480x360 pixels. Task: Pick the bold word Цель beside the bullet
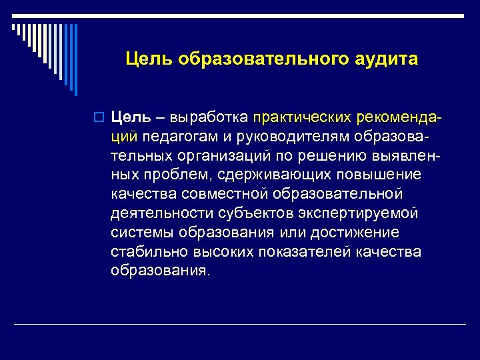pyautogui.click(x=130, y=117)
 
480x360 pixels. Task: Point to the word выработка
pyautogui.click(x=218, y=117)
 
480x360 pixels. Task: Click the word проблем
pyautogui.click(x=171, y=175)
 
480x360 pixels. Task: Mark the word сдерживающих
pyautogui.click(x=262, y=175)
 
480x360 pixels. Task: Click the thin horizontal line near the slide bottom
pyautogui.click(x=240, y=324)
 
